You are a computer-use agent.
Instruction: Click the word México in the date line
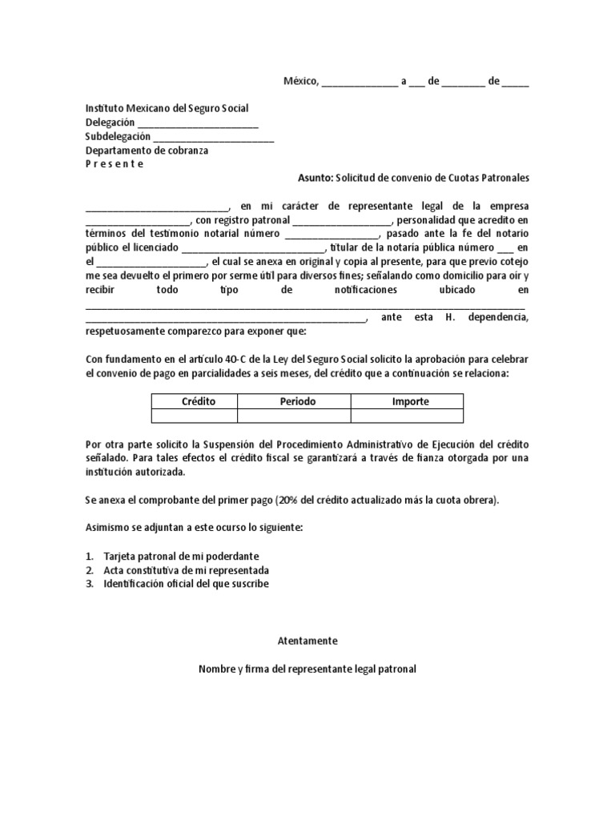(x=301, y=81)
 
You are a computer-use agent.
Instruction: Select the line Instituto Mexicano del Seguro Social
(x=167, y=108)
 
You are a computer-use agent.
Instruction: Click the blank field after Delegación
(x=198, y=123)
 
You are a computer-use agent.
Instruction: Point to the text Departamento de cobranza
(x=147, y=151)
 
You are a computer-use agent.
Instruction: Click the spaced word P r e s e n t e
(x=115, y=164)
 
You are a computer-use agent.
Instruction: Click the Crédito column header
(x=199, y=401)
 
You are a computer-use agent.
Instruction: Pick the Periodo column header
(x=297, y=401)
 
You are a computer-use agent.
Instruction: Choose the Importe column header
(x=410, y=401)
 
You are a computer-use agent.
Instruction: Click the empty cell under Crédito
(x=195, y=416)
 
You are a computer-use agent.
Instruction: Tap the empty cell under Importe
(x=408, y=416)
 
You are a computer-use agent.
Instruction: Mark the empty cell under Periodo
(x=294, y=416)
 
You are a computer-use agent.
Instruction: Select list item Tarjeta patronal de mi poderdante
(x=181, y=556)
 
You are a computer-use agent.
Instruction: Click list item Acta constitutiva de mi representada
(x=186, y=570)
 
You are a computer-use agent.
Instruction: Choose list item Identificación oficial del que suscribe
(x=186, y=584)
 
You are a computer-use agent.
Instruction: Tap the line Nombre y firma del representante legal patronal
(x=307, y=669)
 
